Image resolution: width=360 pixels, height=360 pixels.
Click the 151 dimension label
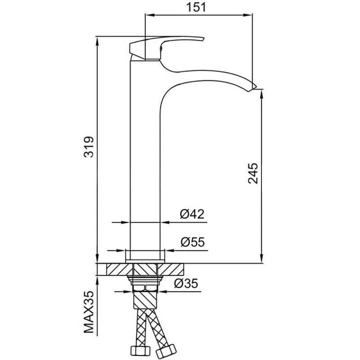[196, 7]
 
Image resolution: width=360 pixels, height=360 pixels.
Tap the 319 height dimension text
[89, 147]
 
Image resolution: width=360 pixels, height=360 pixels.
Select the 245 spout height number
[253, 173]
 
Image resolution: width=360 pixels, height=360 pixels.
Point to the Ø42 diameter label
[192, 214]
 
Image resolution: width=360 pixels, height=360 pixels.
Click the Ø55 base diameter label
[193, 242]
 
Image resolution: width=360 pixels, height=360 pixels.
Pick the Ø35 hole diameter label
[186, 283]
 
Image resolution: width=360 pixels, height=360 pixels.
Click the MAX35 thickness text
[89, 312]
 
